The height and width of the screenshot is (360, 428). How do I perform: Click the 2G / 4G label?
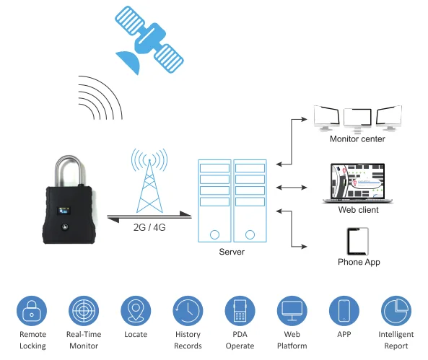pyautogui.click(x=149, y=227)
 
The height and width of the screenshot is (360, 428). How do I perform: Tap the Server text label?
pyautogui.click(x=232, y=252)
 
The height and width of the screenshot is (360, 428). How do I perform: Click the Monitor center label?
pyautogui.click(x=357, y=139)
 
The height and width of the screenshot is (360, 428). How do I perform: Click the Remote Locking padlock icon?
pyautogui.click(x=32, y=311)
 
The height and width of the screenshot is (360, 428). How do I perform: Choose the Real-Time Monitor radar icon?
pyautogui.click(x=84, y=311)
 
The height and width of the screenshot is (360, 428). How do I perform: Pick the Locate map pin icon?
pyautogui.click(x=136, y=311)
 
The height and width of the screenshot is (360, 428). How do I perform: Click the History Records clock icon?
pyautogui.click(x=188, y=311)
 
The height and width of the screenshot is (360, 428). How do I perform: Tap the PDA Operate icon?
pyautogui.click(x=240, y=311)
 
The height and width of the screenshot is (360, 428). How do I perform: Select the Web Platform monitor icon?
pyautogui.click(x=292, y=311)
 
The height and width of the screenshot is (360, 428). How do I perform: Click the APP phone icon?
pyautogui.click(x=344, y=311)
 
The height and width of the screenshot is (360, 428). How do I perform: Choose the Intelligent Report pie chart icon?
pyautogui.click(x=396, y=311)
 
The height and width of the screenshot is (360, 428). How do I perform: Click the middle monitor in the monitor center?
pyautogui.click(x=357, y=118)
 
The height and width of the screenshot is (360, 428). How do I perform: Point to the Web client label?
pyautogui.click(x=359, y=209)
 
